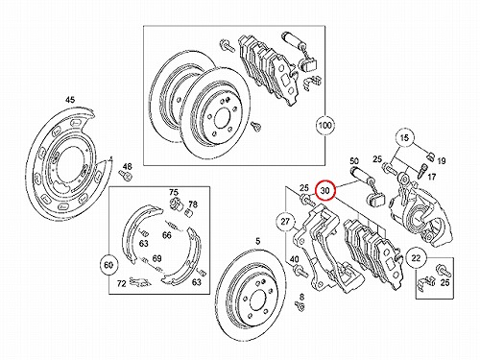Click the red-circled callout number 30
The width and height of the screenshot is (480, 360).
[324, 191]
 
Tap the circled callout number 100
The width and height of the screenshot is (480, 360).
[324, 125]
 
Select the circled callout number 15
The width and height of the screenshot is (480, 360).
[404, 138]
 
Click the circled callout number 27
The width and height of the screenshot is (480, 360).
[285, 221]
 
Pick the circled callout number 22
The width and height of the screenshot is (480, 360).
[416, 257]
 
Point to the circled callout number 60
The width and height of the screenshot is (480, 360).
[108, 265]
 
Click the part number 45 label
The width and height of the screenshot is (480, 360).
[70, 100]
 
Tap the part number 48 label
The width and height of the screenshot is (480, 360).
[127, 167]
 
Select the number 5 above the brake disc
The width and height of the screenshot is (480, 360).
[258, 242]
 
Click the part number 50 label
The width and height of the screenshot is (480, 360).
[354, 161]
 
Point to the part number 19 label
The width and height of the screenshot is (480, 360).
[442, 161]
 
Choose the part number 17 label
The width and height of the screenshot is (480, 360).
[432, 177]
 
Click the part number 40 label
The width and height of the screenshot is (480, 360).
[294, 259]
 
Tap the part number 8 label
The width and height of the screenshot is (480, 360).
[301, 297]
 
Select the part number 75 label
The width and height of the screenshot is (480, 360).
[174, 192]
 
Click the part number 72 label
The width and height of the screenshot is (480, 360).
[121, 283]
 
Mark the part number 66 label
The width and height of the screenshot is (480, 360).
[167, 235]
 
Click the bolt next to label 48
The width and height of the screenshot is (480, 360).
[126, 176]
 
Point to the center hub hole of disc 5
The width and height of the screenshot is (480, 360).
[257, 300]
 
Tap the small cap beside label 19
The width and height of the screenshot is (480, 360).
[430, 156]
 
